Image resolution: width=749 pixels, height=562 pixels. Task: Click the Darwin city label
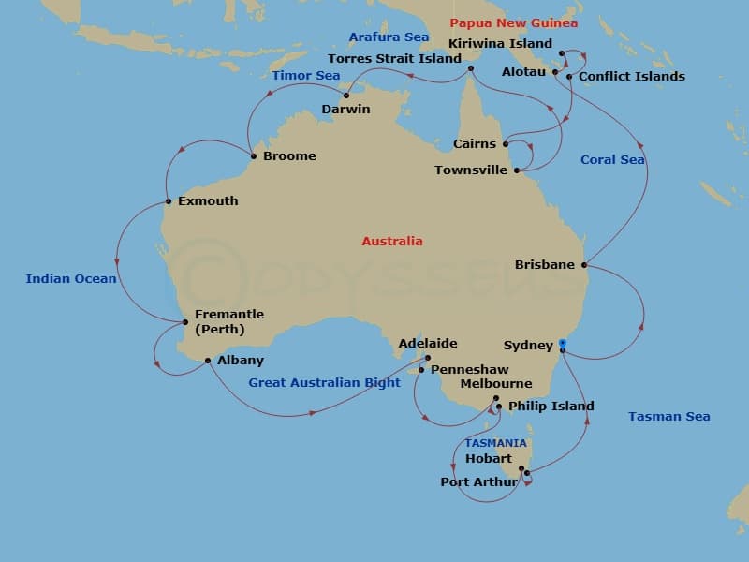[345, 110]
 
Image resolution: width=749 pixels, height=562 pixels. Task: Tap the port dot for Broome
[254, 155]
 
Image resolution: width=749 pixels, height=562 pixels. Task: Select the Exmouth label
[207, 201]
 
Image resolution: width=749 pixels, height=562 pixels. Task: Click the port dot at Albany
[208, 361]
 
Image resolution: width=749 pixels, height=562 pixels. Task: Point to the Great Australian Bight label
[324, 383]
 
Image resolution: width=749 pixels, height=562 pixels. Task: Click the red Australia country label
[392, 242]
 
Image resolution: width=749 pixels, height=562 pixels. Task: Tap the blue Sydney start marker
[562, 343]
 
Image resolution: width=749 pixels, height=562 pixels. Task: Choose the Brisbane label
[545, 265]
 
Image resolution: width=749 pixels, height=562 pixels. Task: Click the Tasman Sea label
[668, 417]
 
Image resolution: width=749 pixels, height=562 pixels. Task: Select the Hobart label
[489, 459]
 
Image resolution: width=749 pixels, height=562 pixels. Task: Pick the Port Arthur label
[478, 482]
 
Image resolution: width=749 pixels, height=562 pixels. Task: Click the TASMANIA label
[495, 443]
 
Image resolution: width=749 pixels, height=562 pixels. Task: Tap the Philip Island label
[551, 407]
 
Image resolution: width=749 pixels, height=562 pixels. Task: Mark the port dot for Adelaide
[427, 358]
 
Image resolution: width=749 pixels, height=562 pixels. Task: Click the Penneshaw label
[470, 370]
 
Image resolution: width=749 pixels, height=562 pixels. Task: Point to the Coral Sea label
[612, 160]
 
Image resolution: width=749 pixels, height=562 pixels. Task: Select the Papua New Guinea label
[514, 23]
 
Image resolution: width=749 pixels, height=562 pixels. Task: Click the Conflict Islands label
[632, 77]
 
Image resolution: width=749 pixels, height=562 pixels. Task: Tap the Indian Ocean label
[71, 279]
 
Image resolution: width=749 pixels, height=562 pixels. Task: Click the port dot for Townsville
[517, 170]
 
